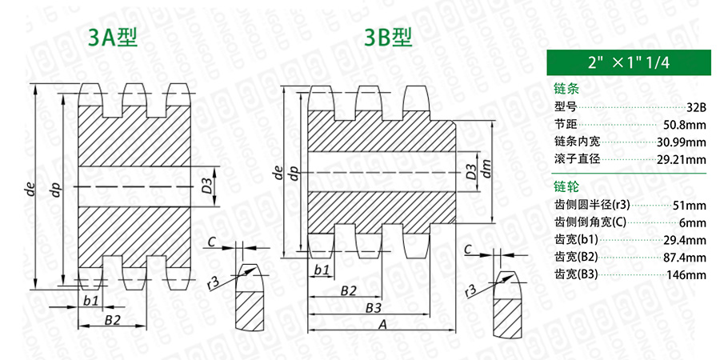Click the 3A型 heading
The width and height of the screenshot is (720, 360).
[113, 38]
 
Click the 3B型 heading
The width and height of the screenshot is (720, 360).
[388, 38]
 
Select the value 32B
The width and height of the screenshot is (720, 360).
[697, 107]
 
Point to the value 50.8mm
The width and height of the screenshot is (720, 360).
[685, 125]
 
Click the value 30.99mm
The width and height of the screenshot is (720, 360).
[682, 142]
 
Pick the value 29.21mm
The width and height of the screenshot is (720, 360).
[682, 160]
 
